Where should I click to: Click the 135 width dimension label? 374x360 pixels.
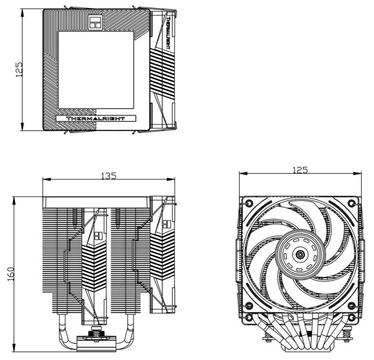[x=109, y=176]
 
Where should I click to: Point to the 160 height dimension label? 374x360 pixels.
[x=11, y=274]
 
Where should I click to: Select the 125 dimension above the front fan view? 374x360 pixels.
[x=300, y=170]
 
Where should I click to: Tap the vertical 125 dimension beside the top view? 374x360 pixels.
[x=19, y=70]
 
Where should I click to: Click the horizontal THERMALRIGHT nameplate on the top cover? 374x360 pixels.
[x=95, y=118]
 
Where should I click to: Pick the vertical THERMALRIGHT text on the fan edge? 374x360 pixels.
[x=168, y=33]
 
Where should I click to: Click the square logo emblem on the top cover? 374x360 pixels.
[x=95, y=22]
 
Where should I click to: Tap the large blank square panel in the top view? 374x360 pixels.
[x=96, y=70]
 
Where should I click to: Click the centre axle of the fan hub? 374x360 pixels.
[x=300, y=255]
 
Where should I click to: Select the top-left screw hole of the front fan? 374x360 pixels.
[x=249, y=203]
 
